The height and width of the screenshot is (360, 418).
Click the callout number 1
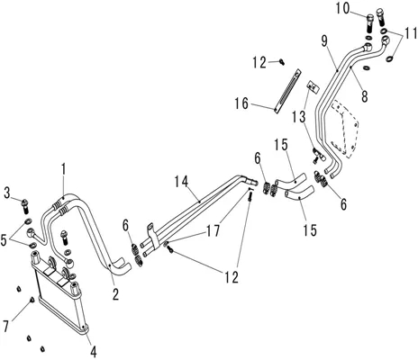tap(63, 169)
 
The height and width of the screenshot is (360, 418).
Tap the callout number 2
tap(115, 294)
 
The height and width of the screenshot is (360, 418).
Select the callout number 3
tap(7, 193)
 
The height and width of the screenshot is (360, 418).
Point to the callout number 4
tap(94, 351)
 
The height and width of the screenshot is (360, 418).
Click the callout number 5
tap(4, 240)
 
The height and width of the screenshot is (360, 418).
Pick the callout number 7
tap(5, 326)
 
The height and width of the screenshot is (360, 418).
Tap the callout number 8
tap(364, 96)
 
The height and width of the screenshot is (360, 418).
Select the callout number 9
tap(324, 41)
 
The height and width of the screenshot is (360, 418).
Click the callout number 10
tap(342, 8)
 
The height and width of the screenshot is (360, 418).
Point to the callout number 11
tap(410, 32)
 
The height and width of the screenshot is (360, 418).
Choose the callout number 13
tap(299, 116)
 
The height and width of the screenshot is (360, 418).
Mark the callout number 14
tap(182, 182)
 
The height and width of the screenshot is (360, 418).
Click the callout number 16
tap(241, 103)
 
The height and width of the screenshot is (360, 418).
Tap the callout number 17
tap(213, 230)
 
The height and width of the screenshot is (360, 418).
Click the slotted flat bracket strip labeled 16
tap(286, 91)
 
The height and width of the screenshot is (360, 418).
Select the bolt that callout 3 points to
tap(25, 206)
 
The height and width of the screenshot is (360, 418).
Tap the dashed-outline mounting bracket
tap(345, 129)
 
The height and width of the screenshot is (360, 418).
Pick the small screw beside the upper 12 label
tap(281, 61)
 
